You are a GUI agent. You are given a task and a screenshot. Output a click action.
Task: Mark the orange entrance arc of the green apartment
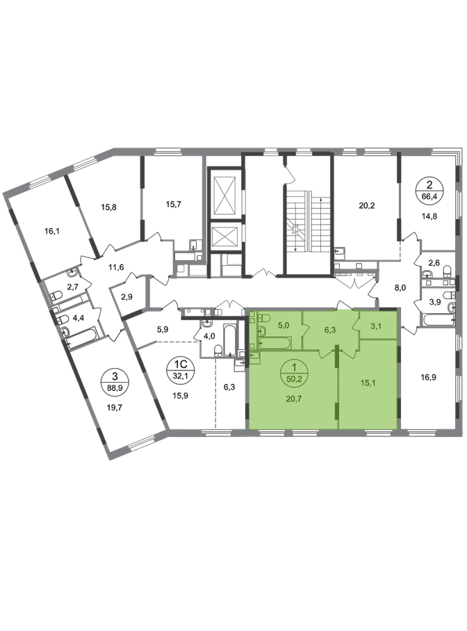click(x=342, y=305)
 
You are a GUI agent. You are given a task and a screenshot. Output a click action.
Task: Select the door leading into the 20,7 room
click(x=325, y=353)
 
